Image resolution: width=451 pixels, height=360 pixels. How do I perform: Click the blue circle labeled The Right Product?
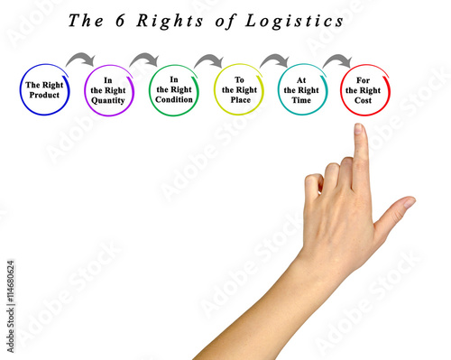44,89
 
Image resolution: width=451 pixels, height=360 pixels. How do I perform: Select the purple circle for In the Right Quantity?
108,89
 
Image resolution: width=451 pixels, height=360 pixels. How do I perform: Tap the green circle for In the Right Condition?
173,89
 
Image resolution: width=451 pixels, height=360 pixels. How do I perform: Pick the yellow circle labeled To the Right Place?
238,89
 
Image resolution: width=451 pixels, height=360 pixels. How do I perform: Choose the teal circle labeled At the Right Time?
301,89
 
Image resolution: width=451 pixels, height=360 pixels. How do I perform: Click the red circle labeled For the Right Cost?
364,89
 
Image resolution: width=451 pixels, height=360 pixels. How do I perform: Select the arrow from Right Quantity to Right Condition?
144,60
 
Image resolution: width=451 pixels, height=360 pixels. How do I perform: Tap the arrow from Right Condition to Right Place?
209,60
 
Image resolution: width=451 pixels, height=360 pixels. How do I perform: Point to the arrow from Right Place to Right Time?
274,60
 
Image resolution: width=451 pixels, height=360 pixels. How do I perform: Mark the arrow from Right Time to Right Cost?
337,60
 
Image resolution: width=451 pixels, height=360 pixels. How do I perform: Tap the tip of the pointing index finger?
359,129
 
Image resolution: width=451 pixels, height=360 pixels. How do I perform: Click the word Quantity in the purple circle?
109,101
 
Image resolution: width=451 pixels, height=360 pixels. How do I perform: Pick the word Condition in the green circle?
173,101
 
